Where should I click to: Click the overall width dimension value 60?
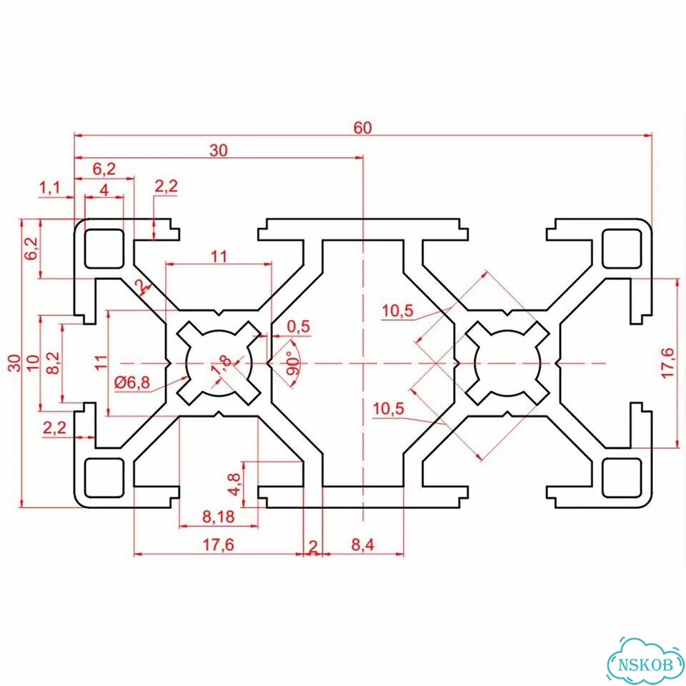click(x=363, y=127)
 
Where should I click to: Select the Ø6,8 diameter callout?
click(x=131, y=383)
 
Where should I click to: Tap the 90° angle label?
click(x=293, y=363)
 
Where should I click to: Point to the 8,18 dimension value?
click(x=219, y=517)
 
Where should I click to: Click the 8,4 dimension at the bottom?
click(x=363, y=545)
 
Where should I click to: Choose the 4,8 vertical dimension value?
click(x=235, y=484)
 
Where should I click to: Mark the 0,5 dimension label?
click(x=299, y=327)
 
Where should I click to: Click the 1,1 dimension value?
click(x=49, y=188)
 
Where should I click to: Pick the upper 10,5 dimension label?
click(x=397, y=311)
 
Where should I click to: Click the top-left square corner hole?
click(x=104, y=248)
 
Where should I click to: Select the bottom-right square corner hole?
click(x=622, y=478)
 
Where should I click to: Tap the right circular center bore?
click(x=507, y=363)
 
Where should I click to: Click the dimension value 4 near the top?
click(x=104, y=190)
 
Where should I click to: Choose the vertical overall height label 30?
click(x=15, y=363)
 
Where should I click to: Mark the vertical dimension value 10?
click(x=34, y=363)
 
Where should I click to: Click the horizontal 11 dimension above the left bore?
click(x=219, y=257)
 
